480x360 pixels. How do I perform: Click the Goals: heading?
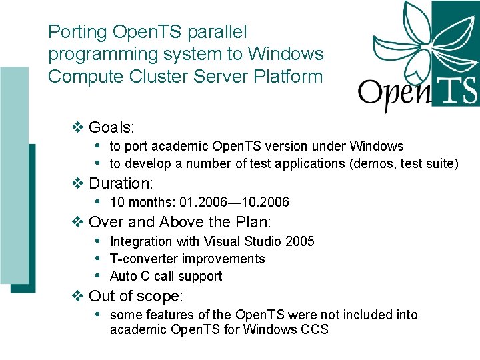click(x=111, y=127)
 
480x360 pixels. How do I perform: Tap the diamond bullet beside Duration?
click(x=77, y=183)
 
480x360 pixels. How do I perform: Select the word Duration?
click(x=121, y=183)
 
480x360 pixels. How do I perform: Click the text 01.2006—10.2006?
click(x=230, y=202)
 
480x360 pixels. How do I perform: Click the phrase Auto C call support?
click(x=165, y=276)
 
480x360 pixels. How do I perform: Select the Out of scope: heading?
click(x=135, y=296)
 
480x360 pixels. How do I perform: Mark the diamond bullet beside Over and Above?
click(x=77, y=222)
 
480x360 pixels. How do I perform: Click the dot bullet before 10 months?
click(x=98, y=201)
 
